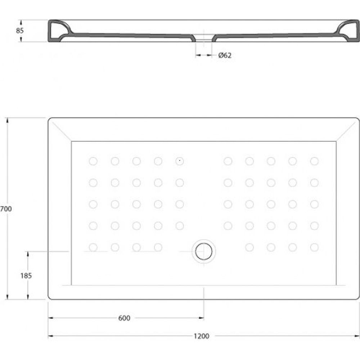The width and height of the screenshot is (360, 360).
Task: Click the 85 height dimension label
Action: pos(20,31)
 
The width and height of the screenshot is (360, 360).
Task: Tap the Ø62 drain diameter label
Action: pos(225,55)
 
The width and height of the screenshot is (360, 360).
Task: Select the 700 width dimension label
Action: pos(6,209)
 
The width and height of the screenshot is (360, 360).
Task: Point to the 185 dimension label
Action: pos(26,276)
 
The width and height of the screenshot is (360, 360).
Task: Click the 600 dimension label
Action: pos(124,318)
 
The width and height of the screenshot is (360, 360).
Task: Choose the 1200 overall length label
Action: pos(201,336)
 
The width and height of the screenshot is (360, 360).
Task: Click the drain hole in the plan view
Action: pos(204,251)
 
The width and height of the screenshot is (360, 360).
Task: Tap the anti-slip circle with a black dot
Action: pos(180,161)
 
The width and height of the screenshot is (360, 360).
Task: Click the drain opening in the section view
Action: pos(204,38)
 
